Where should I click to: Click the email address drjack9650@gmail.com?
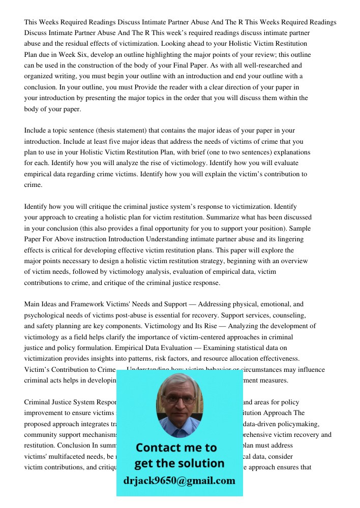(x=179, y=481)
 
